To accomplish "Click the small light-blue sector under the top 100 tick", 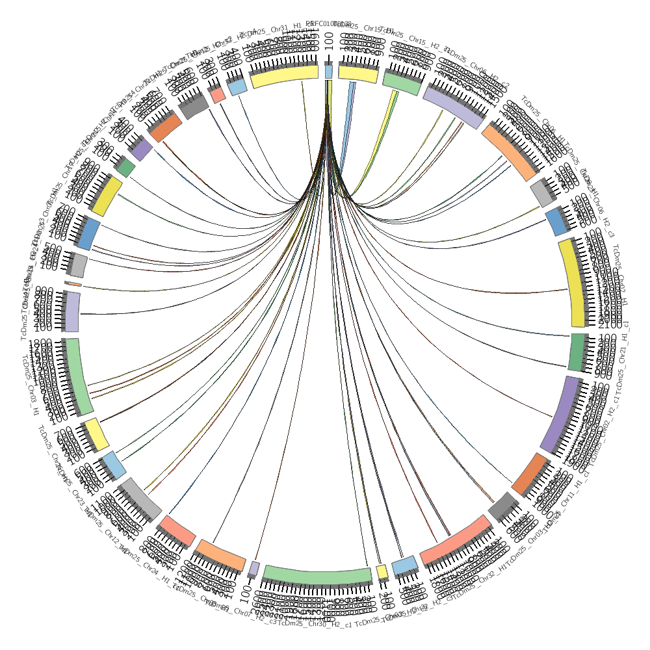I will pos(328,71).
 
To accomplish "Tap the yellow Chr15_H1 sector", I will pos(358,73).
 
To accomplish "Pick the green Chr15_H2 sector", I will pos(402,83).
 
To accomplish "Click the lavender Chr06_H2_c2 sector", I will pos(454,107).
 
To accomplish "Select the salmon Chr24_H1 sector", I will pos(177,530).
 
